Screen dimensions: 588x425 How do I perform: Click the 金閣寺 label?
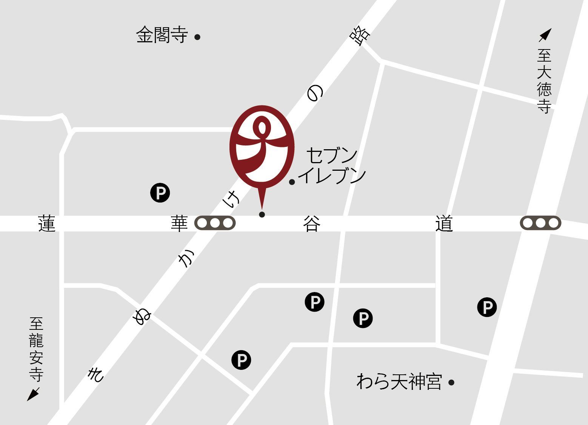[x=162, y=35]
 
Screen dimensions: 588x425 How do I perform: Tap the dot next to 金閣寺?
[x=197, y=37]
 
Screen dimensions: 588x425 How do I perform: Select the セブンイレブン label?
[x=332, y=165]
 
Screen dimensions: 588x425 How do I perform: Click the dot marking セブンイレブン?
[x=292, y=182]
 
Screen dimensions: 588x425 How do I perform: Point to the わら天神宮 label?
[x=399, y=382]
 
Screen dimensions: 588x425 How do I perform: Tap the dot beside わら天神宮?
[x=451, y=383]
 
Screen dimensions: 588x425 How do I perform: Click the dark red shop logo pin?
[x=262, y=147]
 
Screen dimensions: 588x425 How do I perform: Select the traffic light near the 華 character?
[x=215, y=223]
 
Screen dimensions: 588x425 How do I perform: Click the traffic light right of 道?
[x=540, y=223]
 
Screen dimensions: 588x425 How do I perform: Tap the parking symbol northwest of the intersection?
[x=160, y=193]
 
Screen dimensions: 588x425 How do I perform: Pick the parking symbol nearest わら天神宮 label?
[x=363, y=318]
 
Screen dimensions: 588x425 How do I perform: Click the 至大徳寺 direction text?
[x=544, y=81]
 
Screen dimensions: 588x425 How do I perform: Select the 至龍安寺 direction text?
[x=36, y=349]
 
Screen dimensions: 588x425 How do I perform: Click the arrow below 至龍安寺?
[x=33, y=394]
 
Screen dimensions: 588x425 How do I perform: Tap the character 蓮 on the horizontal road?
[x=47, y=224]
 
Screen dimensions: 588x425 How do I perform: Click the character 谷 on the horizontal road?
[x=312, y=224]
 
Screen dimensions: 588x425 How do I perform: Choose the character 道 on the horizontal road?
[x=444, y=224]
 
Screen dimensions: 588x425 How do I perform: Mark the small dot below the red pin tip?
[x=262, y=215]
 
